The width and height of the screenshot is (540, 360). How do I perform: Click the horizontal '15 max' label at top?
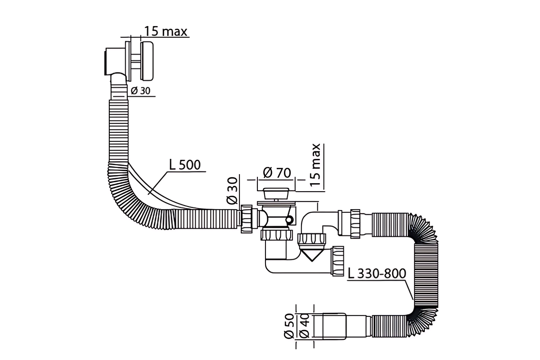click(x=166, y=31)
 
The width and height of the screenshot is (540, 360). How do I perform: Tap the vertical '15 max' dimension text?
click(x=315, y=165)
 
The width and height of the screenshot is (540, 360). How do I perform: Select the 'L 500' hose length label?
click(x=185, y=165)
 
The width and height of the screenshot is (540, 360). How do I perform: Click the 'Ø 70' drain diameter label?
click(x=277, y=173)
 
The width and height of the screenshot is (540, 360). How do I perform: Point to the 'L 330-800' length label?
click(x=377, y=274)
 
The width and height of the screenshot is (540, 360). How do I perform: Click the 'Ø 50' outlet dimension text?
click(x=289, y=326)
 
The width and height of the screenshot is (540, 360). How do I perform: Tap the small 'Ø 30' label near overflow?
click(x=140, y=91)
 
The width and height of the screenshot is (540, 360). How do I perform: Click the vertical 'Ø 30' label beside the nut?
click(x=232, y=191)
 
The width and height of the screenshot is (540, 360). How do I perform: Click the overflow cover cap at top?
click(x=147, y=61)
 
